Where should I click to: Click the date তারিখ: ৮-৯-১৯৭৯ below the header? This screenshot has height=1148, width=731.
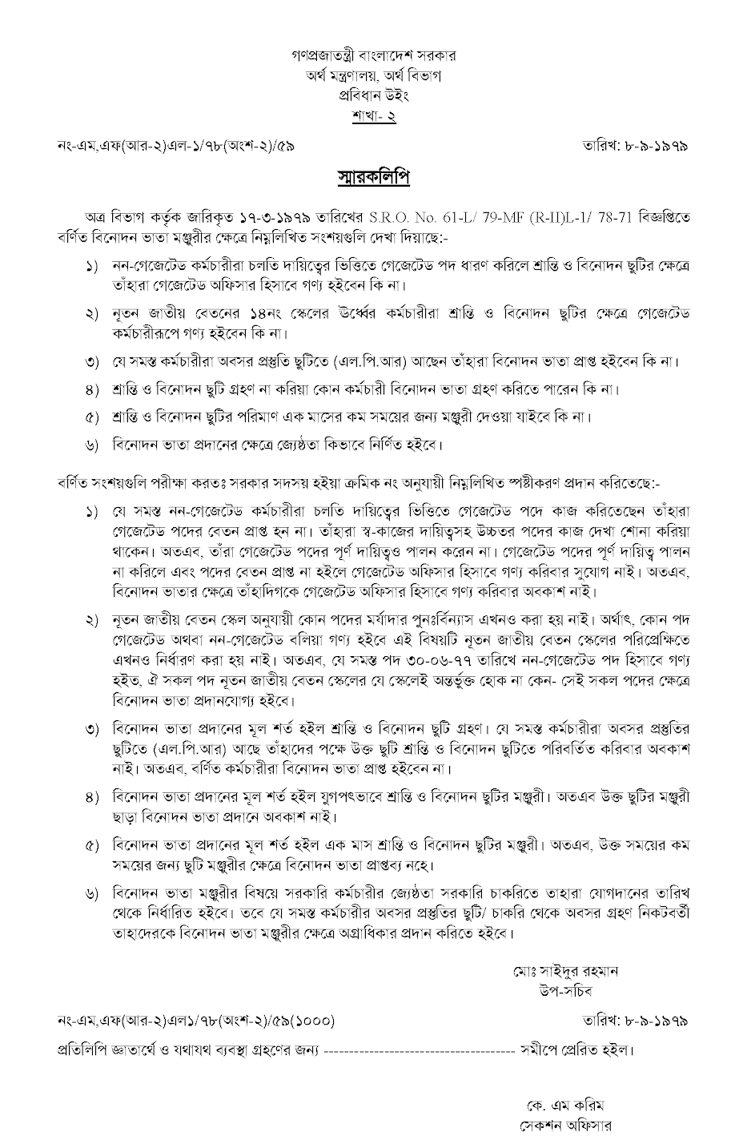pos(637,146)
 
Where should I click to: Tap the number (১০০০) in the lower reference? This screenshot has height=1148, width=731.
pos(308,1021)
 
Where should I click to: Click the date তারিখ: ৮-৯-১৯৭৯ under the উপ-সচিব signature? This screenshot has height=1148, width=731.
pos(637,1021)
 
